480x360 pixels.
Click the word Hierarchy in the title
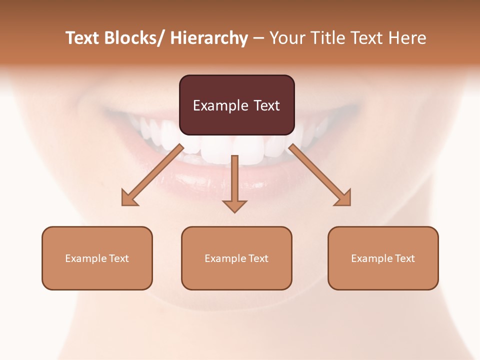(x=209, y=38)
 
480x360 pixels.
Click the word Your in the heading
(x=287, y=38)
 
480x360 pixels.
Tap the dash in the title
(x=258, y=38)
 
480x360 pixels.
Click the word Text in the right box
(x=404, y=258)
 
